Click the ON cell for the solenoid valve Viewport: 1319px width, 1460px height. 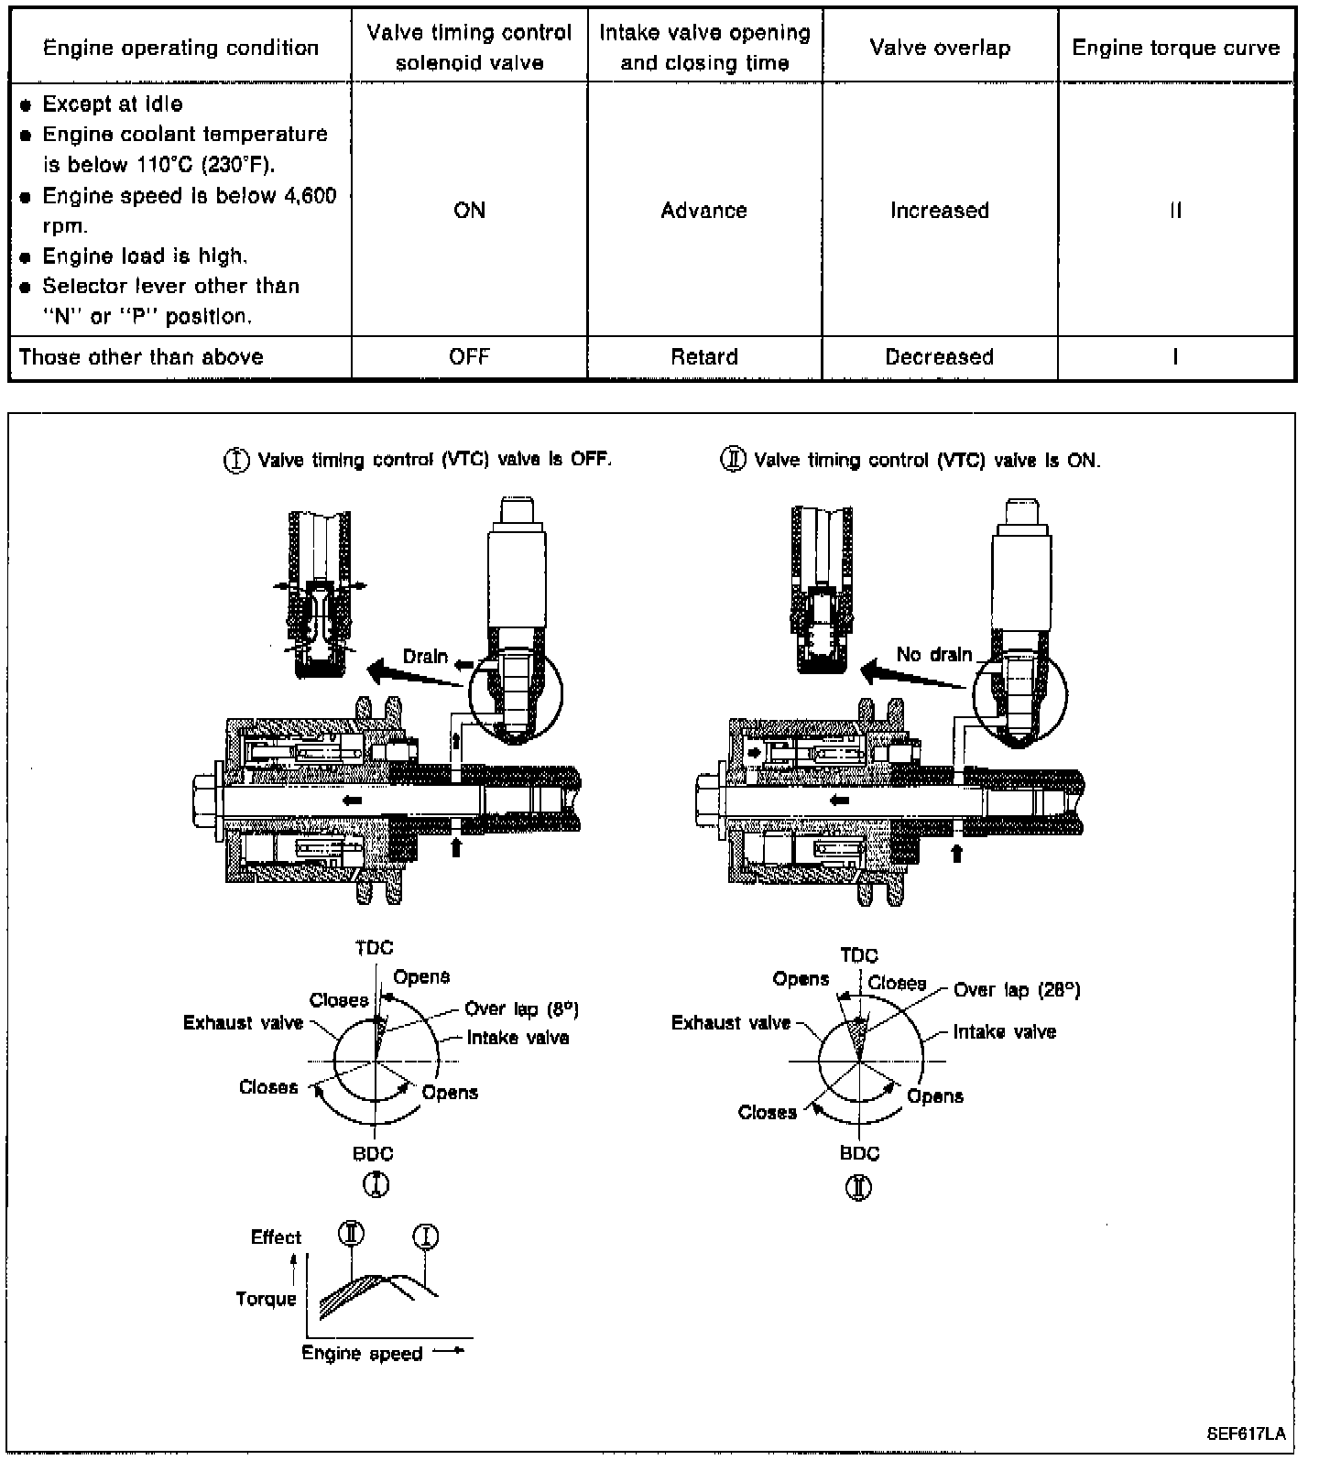469,211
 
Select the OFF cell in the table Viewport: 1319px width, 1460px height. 469,357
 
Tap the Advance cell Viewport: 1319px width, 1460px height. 703,211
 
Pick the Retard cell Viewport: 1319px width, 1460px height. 703,357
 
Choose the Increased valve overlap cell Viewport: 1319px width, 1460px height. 940,211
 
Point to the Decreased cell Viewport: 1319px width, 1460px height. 940,357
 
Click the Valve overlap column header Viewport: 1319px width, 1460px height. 940,48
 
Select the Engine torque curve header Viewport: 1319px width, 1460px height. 1176,48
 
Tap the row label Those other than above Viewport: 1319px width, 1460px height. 141,357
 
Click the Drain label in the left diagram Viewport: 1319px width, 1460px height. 426,656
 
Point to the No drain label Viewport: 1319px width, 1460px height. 934,654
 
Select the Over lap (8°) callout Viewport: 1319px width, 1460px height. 522,1008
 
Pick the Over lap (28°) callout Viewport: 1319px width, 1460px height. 1017,990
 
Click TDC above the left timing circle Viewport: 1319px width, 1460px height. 374,948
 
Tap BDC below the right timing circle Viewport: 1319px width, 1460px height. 859,1153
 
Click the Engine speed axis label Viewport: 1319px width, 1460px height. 363,1354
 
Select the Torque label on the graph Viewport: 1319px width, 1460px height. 266,1299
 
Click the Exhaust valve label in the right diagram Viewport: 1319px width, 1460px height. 731,1022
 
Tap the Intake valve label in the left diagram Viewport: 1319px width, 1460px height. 518,1038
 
